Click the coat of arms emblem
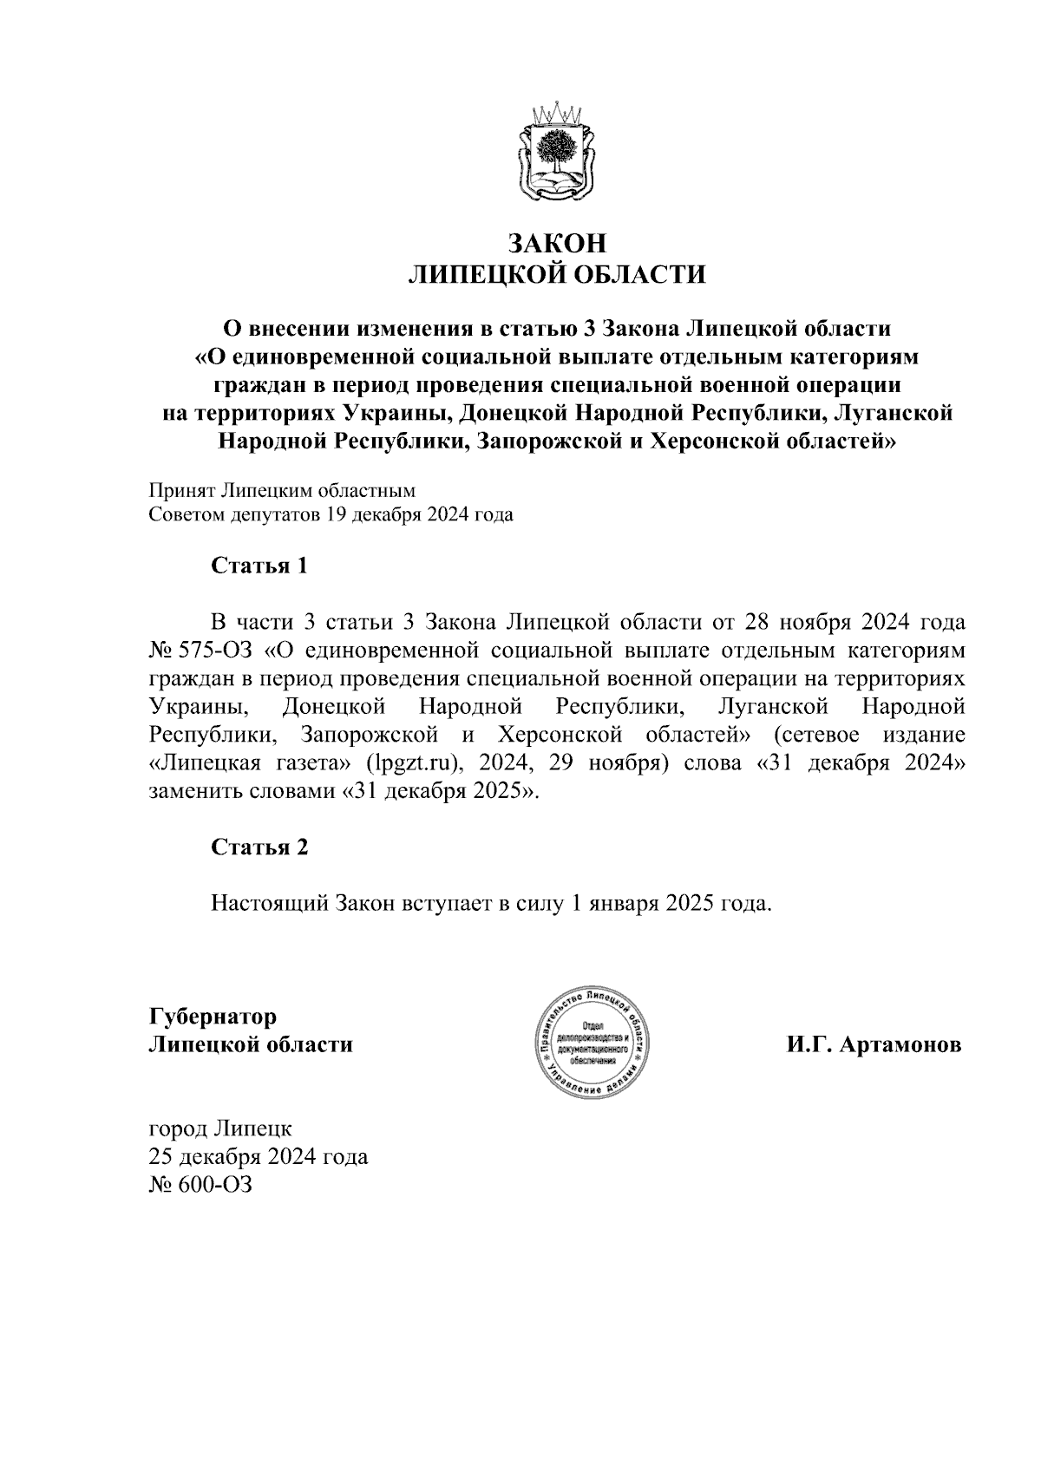coord(555,154)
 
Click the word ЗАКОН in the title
coord(556,243)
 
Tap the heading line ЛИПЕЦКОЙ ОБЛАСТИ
coord(556,275)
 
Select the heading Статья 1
coord(259,566)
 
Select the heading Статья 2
coord(259,847)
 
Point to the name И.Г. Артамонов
coord(874,1044)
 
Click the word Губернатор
coord(213,1016)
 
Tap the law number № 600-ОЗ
coord(200,1185)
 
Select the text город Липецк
coord(220,1129)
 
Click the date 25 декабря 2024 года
coord(259,1157)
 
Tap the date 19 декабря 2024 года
coord(419,514)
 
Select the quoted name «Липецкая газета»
coord(250,764)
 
